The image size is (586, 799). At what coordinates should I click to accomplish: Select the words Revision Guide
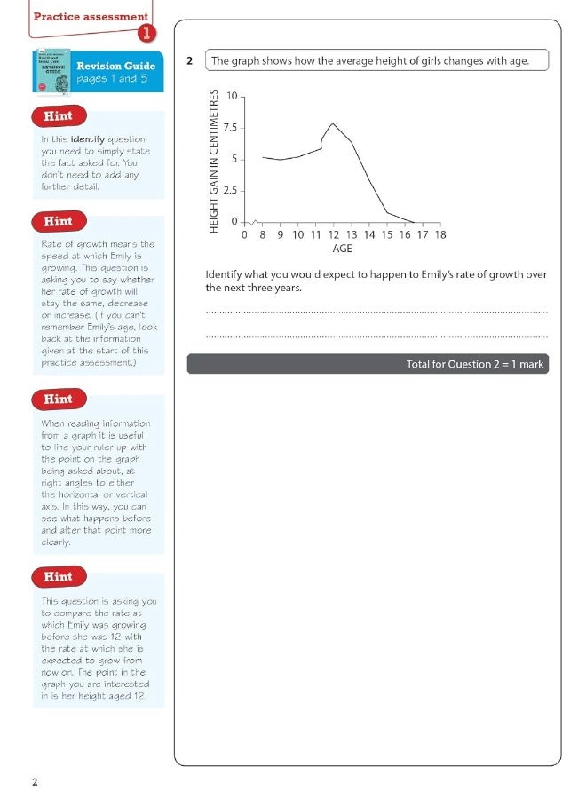pyautogui.click(x=115, y=66)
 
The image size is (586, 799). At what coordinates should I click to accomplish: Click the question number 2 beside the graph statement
pyautogui.click(x=190, y=61)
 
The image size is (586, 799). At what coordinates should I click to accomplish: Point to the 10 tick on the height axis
pyautogui.click(x=232, y=96)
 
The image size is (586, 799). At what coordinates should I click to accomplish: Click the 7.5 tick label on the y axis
pyautogui.click(x=229, y=128)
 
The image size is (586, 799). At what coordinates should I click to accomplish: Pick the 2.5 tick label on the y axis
pyautogui.click(x=229, y=191)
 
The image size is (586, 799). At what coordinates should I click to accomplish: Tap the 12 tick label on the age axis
pyautogui.click(x=333, y=235)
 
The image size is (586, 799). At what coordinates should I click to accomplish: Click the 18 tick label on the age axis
pyautogui.click(x=439, y=235)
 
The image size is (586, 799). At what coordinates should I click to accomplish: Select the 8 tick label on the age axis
pyautogui.click(x=263, y=235)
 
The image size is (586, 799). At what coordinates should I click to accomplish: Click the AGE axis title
pyautogui.click(x=342, y=249)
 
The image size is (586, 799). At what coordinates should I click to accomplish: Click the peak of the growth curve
pyautogui.click(x=332, y=124)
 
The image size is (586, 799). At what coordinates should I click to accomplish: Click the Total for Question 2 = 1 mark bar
pyautogui.click(x=368, y=364)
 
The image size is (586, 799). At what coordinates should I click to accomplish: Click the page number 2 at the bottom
pyautogui.click(x=35, y=782)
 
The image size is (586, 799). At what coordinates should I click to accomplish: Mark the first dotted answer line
pyautogui.click(x=376, y=312)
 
